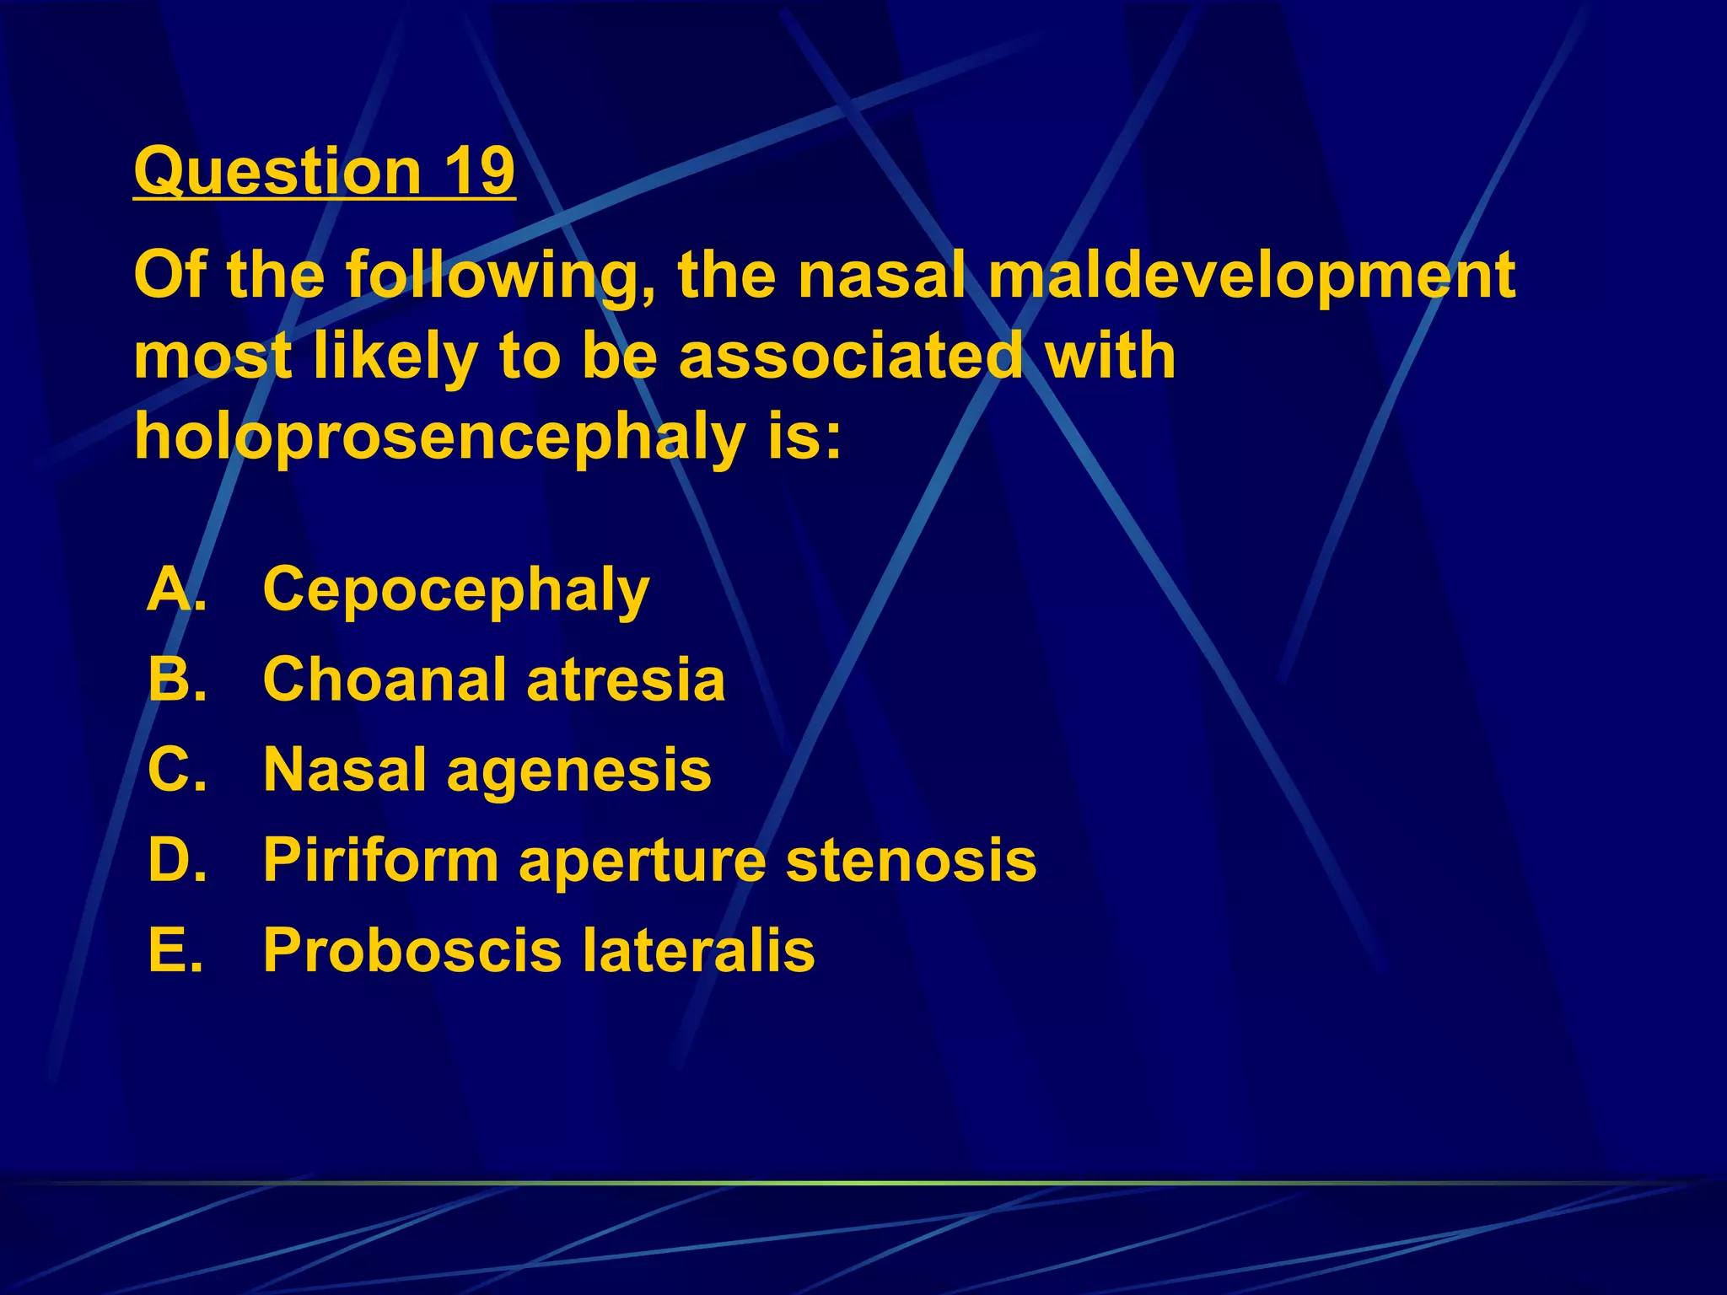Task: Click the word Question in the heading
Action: [x=277, y=172]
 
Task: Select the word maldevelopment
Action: [x=1251, y=276]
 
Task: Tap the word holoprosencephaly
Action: [x=439, y=438]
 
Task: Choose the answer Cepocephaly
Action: [x=456, y=590]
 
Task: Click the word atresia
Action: [x=626, y=680]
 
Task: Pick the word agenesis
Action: [x=578, y=771]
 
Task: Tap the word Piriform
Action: [x=381, y=860]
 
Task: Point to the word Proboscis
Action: [x=412, y=951]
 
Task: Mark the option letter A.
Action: [x=172, y=589]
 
